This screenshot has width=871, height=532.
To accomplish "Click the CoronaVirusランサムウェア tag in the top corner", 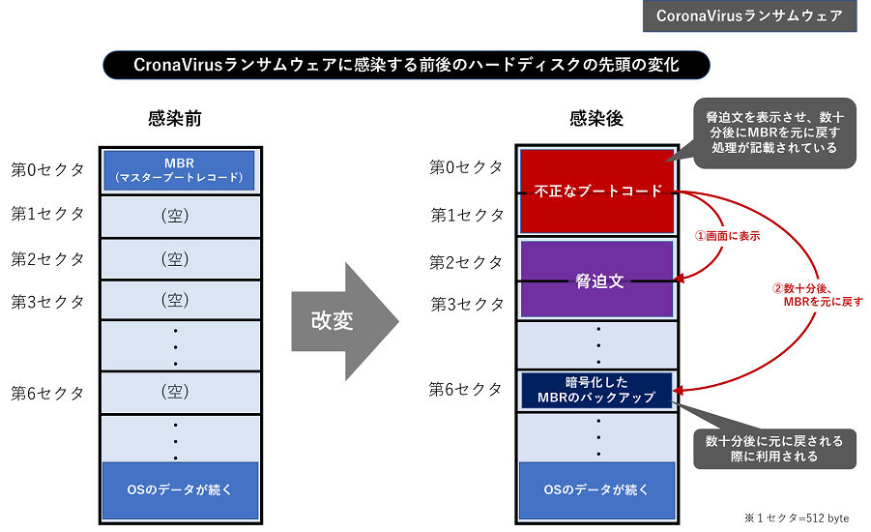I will [749, 16].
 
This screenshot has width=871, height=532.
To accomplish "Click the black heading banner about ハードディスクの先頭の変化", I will [406, 66].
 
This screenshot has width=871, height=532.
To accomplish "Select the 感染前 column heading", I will [174, 119].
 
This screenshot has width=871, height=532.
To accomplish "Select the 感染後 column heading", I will [596, 119].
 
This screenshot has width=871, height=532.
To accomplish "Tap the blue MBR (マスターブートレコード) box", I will [179, 170].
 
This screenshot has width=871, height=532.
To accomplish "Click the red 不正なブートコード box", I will [596, 192].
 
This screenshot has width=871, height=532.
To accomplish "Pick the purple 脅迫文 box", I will [596, 280].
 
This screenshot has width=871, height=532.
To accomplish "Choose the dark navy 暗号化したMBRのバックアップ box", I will [596, 390].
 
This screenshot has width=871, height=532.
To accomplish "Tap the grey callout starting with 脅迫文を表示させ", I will [773, 133].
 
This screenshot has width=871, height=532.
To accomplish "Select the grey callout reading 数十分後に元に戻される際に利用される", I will [773, 448].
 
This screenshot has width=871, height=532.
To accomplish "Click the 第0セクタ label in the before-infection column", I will [47, 170].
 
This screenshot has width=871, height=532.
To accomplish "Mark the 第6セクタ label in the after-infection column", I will [466, 390].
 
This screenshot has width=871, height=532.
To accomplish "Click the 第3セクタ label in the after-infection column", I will [466, 305].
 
